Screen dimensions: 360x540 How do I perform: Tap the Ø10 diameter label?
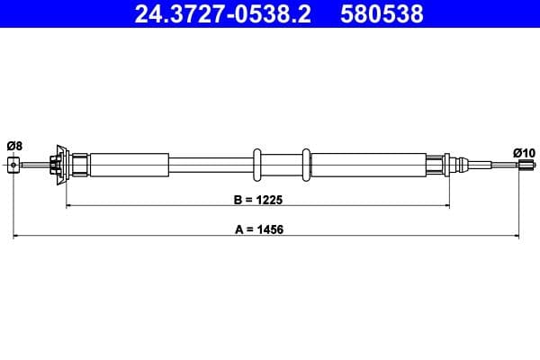(x=523, y=153)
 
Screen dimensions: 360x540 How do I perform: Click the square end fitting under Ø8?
(x=13, y=165)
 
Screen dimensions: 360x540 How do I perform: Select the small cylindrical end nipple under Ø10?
(x=518, y=165)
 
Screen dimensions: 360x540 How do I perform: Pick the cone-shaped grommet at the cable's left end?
(x=62, y=165)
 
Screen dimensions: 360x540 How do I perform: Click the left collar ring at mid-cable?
(x=258, y=165)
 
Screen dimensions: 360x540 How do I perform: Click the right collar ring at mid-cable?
(x=306, y=165)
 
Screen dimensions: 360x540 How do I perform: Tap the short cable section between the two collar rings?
(x=282, y=165)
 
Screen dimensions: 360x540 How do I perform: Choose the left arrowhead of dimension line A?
(x=16, y=237)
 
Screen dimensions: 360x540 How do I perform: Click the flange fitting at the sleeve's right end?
(x=446, y=165)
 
